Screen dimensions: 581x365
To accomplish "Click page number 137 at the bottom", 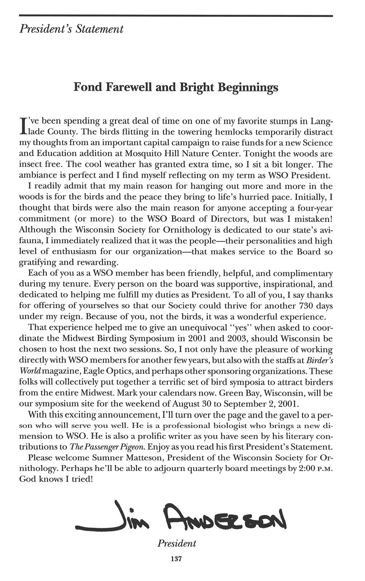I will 176,559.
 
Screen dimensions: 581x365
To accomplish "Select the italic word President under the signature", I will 177,543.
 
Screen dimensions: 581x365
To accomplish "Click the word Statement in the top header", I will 103,29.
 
